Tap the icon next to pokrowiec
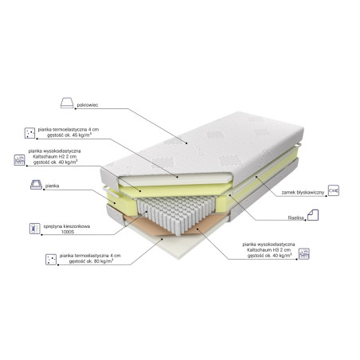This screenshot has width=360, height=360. (x=66, y=102)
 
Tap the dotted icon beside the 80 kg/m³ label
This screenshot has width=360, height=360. (x=49, y=259)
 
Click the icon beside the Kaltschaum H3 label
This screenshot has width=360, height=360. (x=304, y=253)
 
